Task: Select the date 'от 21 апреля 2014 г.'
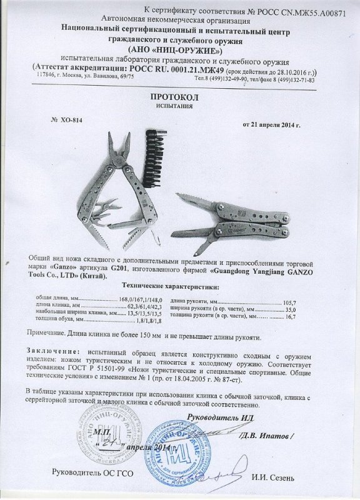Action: point(276,125)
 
